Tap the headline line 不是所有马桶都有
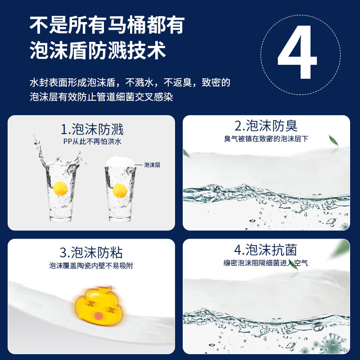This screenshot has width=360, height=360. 107,26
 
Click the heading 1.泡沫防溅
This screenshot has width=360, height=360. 92,130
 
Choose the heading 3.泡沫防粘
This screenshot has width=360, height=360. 91,252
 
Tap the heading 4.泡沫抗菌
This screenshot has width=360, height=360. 265,250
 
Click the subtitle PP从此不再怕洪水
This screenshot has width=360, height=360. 92,141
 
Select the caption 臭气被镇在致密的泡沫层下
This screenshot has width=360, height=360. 266,139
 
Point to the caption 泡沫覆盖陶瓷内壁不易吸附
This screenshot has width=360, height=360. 91,265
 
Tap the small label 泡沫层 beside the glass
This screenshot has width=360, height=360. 152,165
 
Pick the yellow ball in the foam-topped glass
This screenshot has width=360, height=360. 120,190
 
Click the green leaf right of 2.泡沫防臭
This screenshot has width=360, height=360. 334,140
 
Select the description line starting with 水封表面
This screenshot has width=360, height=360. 130,83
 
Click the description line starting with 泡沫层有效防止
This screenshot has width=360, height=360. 101,97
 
